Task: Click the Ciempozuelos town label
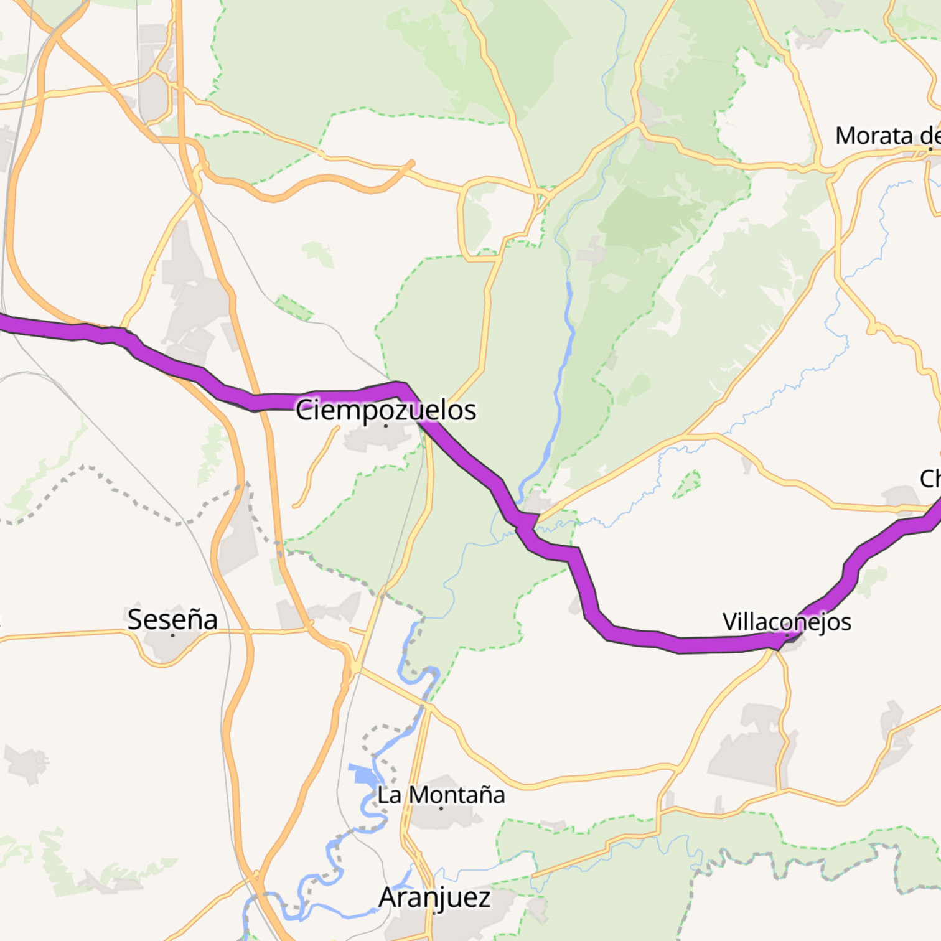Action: pyautogui.click(x=386, y=410)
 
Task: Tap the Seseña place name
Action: pyautogui.click(x=172, y=619)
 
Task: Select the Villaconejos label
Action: pyautogui.click(x=787, y=621)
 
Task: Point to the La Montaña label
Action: pyautogui.click(x=441, y=795)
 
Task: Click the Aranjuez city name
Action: pyautogui.click(x=434, y=897)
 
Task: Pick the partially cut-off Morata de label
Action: pyautogui.click(x=887, y=136)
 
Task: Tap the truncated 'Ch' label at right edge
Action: pyautogui.click(x=930, y=479)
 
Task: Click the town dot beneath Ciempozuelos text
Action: pyautogui.click(x=386, y=426)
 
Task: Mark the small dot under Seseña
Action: pyautogui.click(x=172, y=635)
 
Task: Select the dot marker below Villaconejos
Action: pyautogui.click(x=787, y=635)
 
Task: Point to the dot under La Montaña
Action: pyautogui.click(x=441, y=808)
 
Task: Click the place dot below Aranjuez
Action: pyautogui.click(x=434, y=913)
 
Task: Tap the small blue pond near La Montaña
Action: pyautogui.click(x=363, y=775)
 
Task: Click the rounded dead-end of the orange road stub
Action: pyautogui.click(x=411, y=164)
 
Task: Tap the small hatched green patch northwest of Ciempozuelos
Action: pyautogui.click(x=294, y=307)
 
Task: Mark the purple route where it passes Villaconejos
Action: pyautogui.click(x=772, y=642)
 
